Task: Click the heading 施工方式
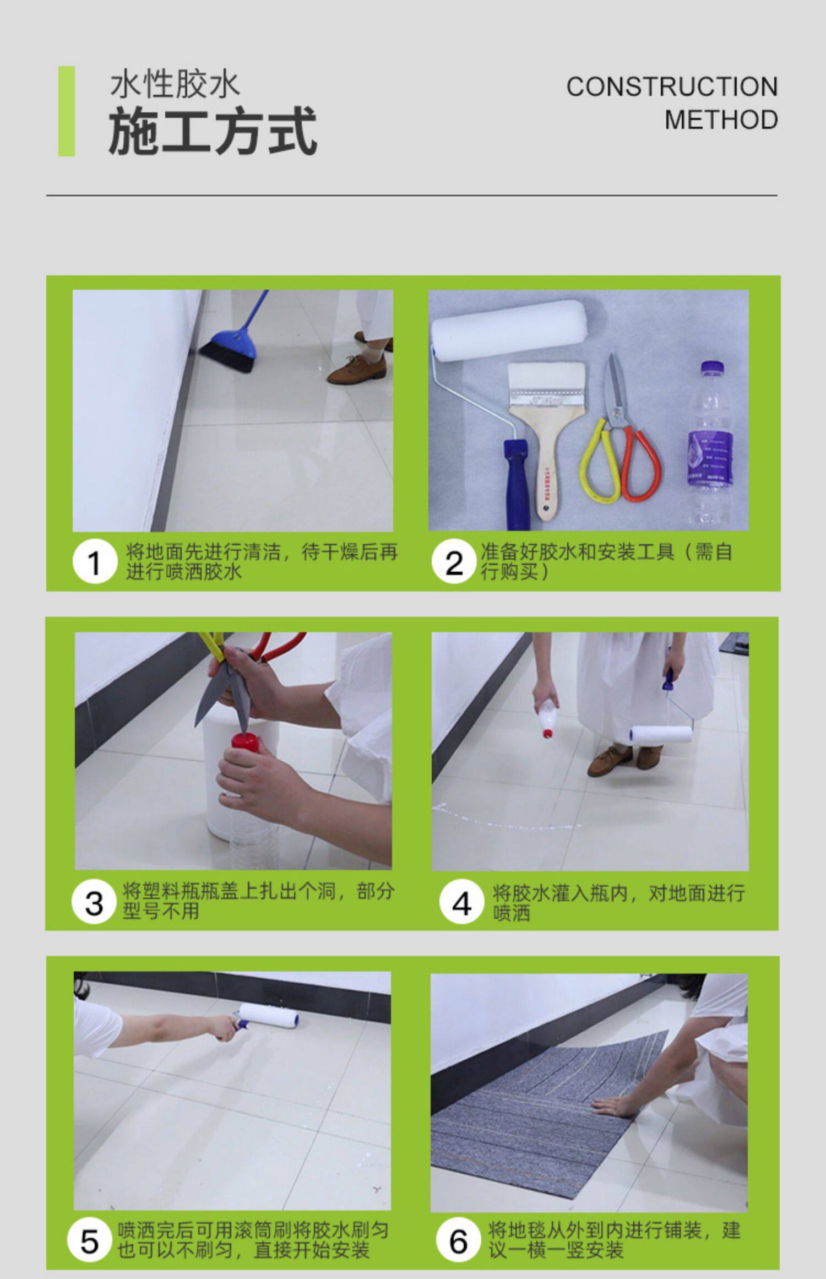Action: coord(213,131)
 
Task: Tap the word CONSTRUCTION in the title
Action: coord(672,87)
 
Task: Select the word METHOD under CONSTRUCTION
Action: coord(721,120)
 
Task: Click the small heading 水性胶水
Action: coord(175,85)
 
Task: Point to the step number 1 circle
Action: coord(95,562)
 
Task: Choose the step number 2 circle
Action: coord(454,562)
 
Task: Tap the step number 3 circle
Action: coord(94,903)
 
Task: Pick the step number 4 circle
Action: coord(461,903)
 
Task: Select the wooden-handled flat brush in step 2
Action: coord(545,435)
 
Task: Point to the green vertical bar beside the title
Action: coord(67,111)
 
